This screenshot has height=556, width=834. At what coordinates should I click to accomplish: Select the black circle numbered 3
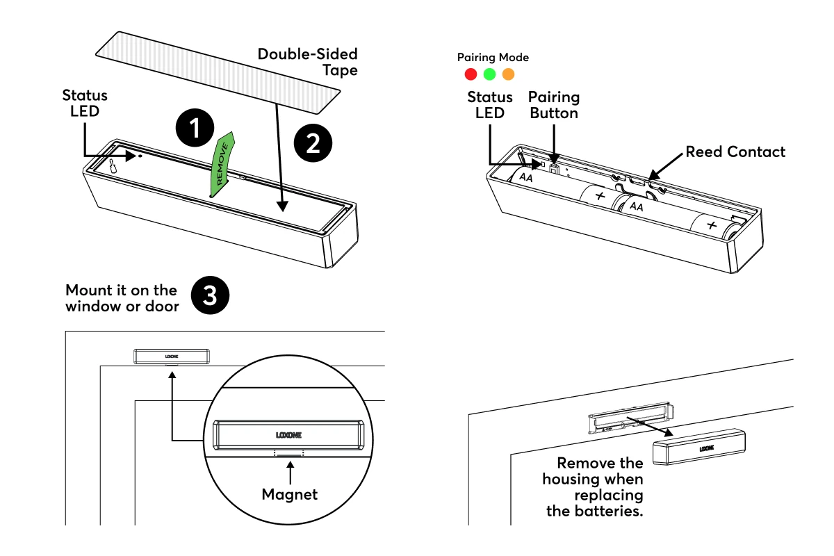[209, 297]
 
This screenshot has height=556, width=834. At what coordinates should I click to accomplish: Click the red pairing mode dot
[471, 74]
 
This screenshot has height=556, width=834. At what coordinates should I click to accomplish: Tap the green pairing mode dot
[489, 74]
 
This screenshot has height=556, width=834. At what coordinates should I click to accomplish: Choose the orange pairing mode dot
[508, 74]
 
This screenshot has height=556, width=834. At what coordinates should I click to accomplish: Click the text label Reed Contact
[735, 152]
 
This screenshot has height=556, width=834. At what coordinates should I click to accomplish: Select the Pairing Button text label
[554, 105]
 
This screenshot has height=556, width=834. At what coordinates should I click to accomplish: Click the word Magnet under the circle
[289, 495]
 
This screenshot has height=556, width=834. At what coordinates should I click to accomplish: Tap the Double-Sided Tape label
[308, 62]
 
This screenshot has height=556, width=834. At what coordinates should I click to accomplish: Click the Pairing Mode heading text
[493, 58]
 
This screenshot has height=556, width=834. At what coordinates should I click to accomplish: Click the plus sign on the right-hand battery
[710, 226]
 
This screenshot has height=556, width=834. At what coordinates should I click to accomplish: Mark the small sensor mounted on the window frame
[172, 356]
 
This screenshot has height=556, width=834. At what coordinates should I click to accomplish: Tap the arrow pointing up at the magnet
[289, 473]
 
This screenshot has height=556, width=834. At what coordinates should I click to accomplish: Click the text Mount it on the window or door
[122, 297]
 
